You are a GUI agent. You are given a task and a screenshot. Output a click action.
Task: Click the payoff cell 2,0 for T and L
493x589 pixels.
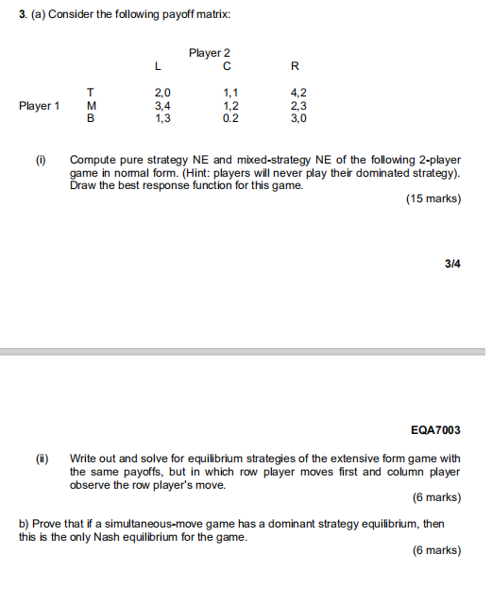click(161, 94)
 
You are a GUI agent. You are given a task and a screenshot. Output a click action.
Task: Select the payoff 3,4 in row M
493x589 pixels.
click(161, 107)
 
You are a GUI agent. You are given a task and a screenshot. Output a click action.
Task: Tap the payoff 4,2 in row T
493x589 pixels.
click(297, 94)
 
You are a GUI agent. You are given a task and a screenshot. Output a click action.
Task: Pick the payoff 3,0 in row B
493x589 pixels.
click(297, 120)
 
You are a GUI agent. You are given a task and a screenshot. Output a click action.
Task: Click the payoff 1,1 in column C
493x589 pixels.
click(229, 94)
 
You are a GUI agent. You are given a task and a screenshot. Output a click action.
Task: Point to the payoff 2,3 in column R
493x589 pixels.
click(297, 107)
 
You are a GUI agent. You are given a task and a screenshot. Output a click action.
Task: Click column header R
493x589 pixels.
click(296, 66)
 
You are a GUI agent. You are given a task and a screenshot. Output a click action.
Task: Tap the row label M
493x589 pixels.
click(91, 107)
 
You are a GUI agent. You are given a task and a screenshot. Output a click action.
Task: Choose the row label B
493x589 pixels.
click(91, 120)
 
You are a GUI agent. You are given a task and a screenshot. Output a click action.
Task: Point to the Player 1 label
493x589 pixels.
click(39, 107)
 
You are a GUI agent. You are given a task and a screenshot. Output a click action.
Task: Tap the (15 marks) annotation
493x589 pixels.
click(433, 199)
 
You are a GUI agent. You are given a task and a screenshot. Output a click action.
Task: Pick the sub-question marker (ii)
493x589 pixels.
click(42, 458)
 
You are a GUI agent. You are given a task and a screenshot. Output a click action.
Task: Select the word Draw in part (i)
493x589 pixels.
click(82, 186)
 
